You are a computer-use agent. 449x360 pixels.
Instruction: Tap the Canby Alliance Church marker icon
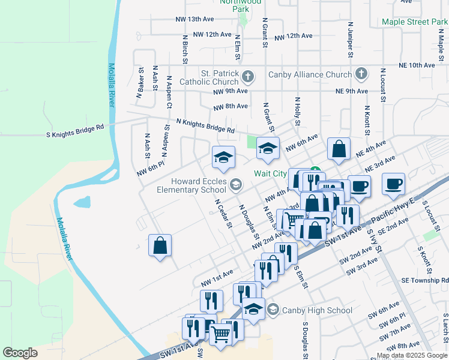(x=360, y=74)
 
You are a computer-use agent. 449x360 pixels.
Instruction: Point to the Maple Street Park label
(x=414, y=22)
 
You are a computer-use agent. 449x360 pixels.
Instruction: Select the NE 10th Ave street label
(x=417, y=65)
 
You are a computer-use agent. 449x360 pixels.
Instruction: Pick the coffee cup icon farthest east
(x=393, y=184)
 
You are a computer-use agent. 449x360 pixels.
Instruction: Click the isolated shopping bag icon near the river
(x=160, y=245)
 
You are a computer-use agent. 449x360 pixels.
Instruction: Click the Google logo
(x=20, y=353)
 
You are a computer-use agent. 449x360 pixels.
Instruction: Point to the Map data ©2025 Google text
(x=412, y=355)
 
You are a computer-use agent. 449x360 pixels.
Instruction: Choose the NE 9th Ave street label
(x=351, y=91)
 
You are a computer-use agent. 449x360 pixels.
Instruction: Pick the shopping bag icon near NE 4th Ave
(x=339, y=150)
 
